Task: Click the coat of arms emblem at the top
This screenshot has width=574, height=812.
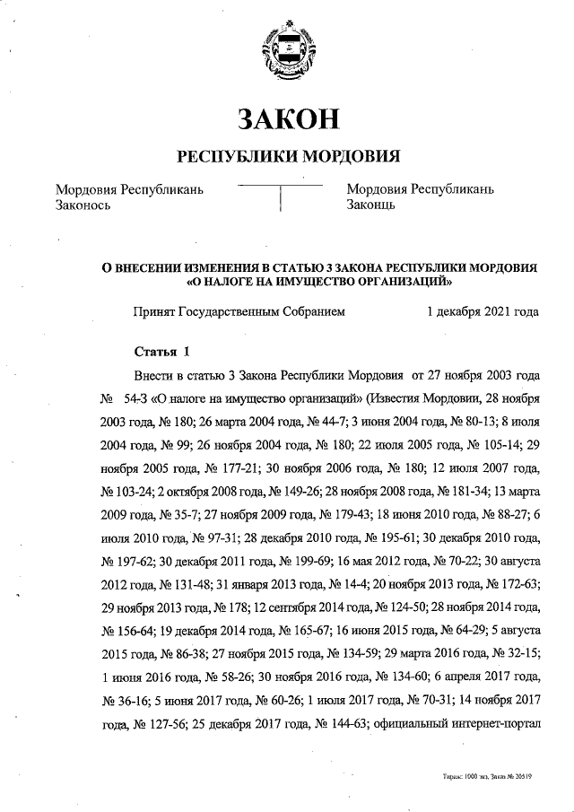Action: pos(286,55)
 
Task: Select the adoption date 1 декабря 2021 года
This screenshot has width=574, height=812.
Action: pos(483,312)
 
